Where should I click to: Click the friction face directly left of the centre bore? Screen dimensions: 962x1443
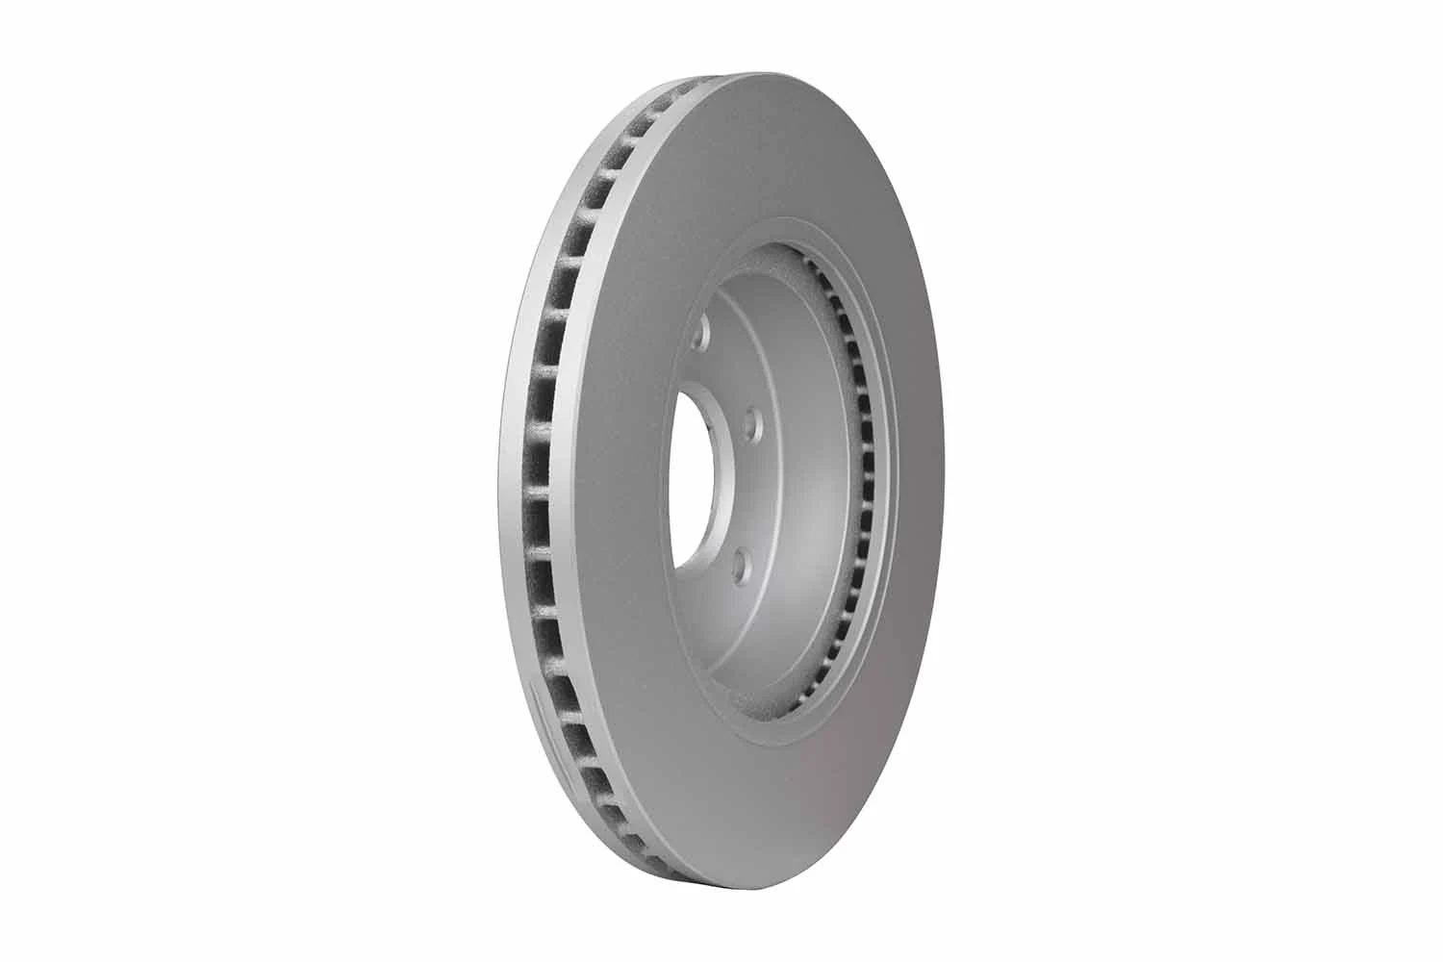point(635,481)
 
